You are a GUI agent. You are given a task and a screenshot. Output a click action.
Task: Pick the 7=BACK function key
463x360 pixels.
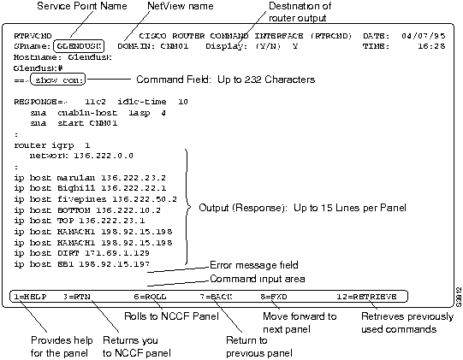click(215, 296)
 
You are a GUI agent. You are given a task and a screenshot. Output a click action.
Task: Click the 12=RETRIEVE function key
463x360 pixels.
click(366, 296)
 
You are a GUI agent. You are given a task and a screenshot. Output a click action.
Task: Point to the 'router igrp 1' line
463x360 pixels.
click(46, 145)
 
